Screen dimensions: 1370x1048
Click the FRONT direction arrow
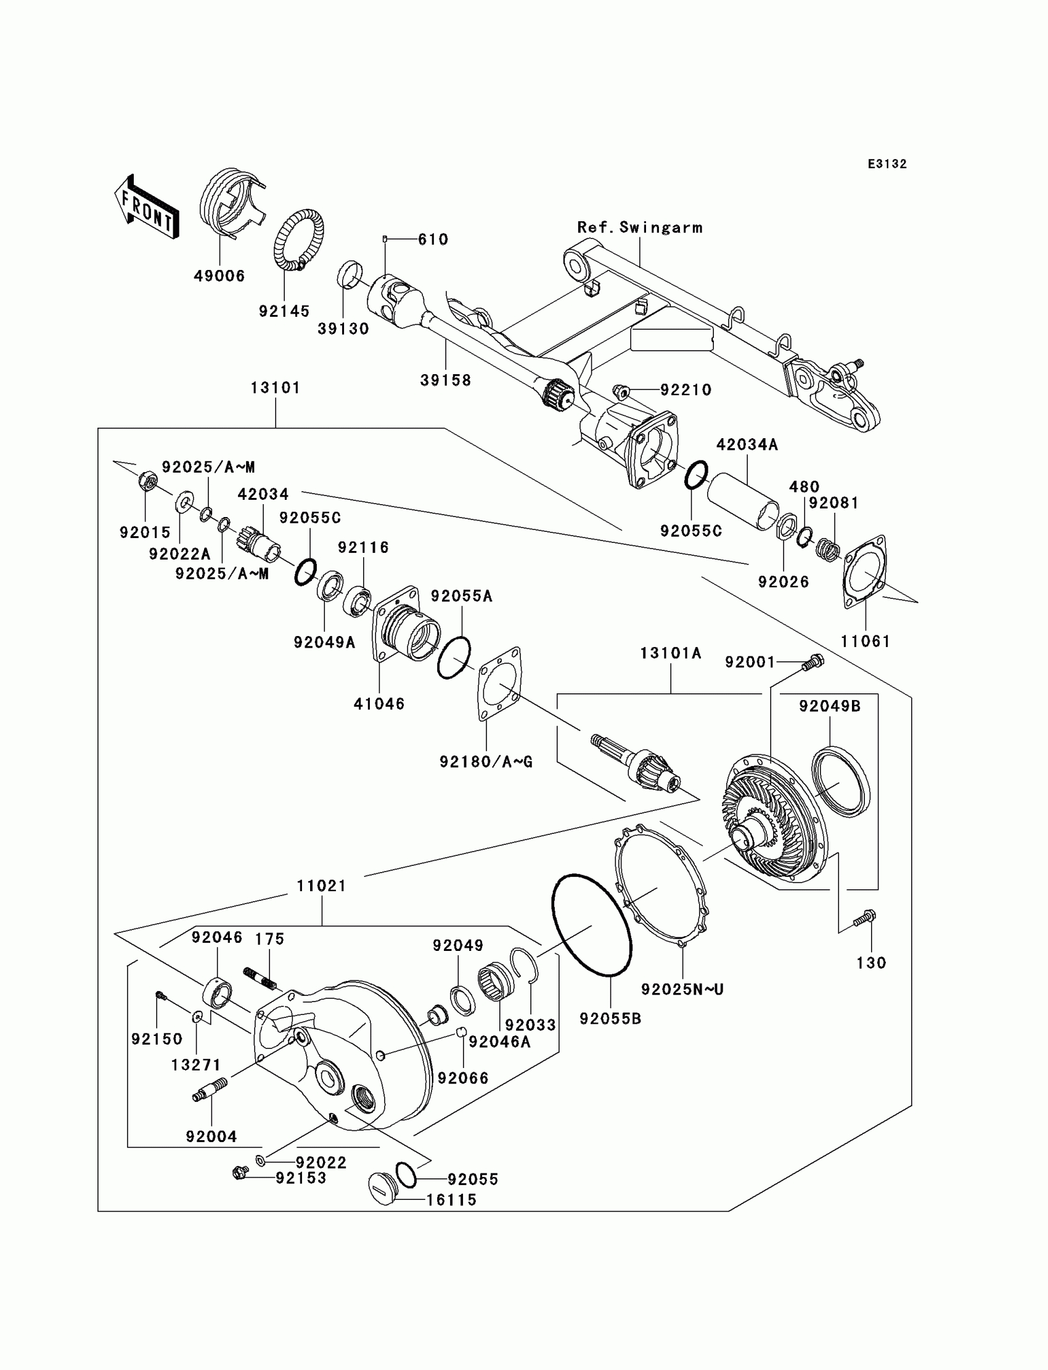(147, 206)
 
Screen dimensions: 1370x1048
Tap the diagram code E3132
(886, 164)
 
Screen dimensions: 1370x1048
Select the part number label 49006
(219, 275)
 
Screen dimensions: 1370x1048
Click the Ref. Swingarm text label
(639, 227)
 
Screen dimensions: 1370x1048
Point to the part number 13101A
(671, 653)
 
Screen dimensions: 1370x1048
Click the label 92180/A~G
(486, 761)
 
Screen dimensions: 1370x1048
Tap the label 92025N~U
(682, 990)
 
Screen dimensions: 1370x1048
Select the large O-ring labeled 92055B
(591, 926)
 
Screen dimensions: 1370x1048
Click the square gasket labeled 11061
(864, 571)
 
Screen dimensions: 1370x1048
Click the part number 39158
(445, 380)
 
